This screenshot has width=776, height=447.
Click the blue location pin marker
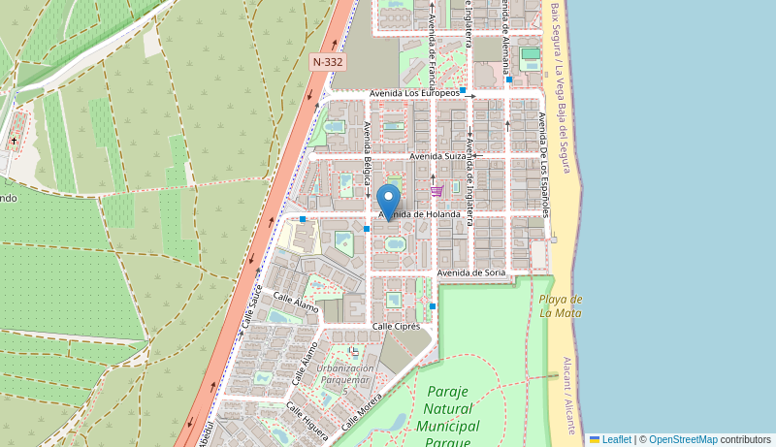[388, 202]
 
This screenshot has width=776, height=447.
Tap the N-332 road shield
[328, 61]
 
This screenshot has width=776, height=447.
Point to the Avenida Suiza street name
[437, 155]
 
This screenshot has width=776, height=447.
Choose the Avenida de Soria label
[471, 272]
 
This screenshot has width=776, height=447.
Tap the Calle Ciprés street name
[396, 326]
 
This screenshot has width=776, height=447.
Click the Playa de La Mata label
[560, 305]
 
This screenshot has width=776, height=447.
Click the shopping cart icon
[436, 190]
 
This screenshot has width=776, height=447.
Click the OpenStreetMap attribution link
[683, 439]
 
